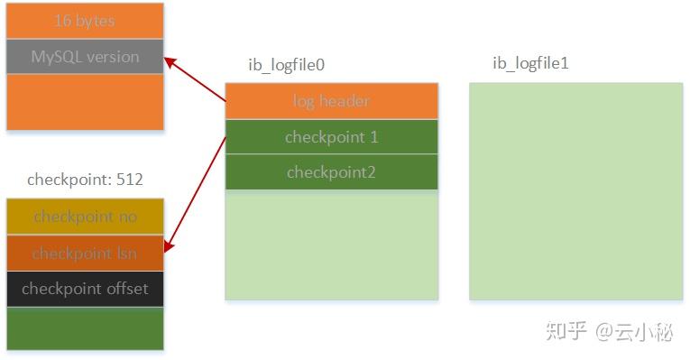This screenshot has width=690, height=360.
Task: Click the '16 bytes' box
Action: (x=85, y=20)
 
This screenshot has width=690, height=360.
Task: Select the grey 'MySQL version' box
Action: (x=85, y=57)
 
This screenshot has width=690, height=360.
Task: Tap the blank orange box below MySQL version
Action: (x=85, y=102)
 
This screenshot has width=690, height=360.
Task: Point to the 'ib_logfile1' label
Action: (x=529, y=63)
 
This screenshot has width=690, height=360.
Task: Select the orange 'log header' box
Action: (x=331, y=101)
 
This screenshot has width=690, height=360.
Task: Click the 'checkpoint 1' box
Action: (x=331, y=137)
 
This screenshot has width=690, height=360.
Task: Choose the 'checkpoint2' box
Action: (x=331, y=172)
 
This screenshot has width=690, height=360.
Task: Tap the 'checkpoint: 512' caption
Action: (x=85, y=180)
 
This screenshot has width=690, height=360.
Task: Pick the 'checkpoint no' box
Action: (x=85, y=217)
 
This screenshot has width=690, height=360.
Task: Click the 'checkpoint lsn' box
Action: (x=85, y=254)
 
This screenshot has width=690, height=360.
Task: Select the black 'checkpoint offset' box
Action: (x=85, y=289)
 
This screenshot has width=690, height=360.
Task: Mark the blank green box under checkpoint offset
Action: (x=85, y=328)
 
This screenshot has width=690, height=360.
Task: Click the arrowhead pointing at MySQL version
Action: (x=169, y=60)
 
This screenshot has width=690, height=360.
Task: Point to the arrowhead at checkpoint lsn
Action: (x=169, y=248)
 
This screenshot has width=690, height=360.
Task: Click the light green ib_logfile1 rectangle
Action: (x=575, y=191)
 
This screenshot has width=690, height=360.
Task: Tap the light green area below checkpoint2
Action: (x=331, y=245)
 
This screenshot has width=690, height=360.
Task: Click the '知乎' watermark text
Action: (x=565, y=332)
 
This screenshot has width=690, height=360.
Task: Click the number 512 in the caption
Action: (x=129, y=180)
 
